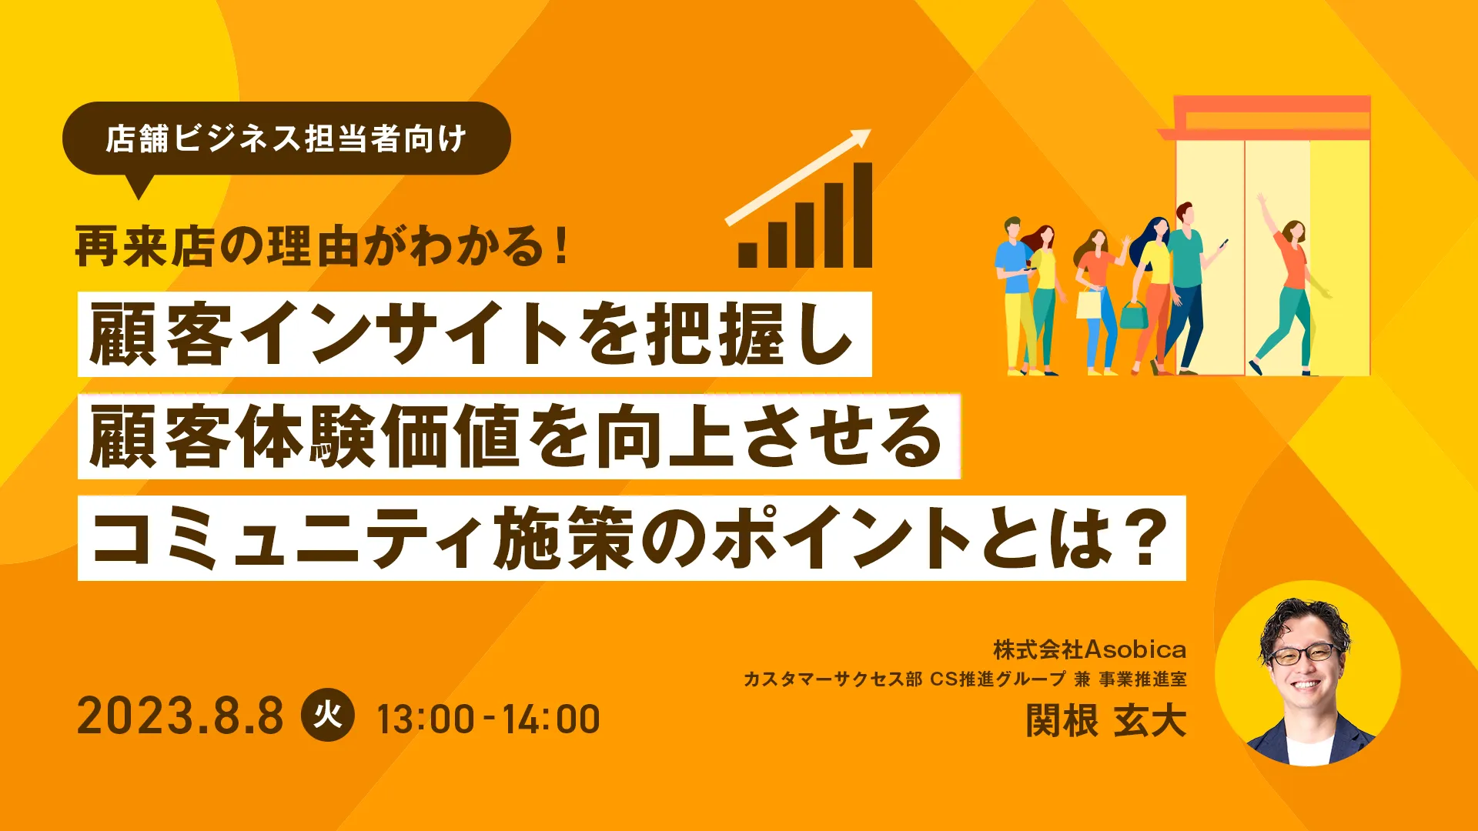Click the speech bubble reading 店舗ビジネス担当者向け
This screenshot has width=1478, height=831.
click(286, 139)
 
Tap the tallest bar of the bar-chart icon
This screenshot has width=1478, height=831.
click(862, 215)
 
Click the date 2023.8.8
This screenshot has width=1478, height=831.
click(180, 717)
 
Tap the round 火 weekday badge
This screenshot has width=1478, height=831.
click(327, 715)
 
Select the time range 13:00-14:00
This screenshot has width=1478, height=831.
click(488, 720)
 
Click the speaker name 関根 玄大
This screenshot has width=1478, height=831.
click(1105, 721)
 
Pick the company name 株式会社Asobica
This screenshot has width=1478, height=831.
click(1089, 649)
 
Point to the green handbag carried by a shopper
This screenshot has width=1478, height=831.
click(1133, 314)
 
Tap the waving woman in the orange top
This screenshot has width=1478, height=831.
click(1290, 285)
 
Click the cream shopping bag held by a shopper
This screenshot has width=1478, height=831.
click(1088, 304)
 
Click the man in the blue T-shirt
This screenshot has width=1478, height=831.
click(1015, 295)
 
